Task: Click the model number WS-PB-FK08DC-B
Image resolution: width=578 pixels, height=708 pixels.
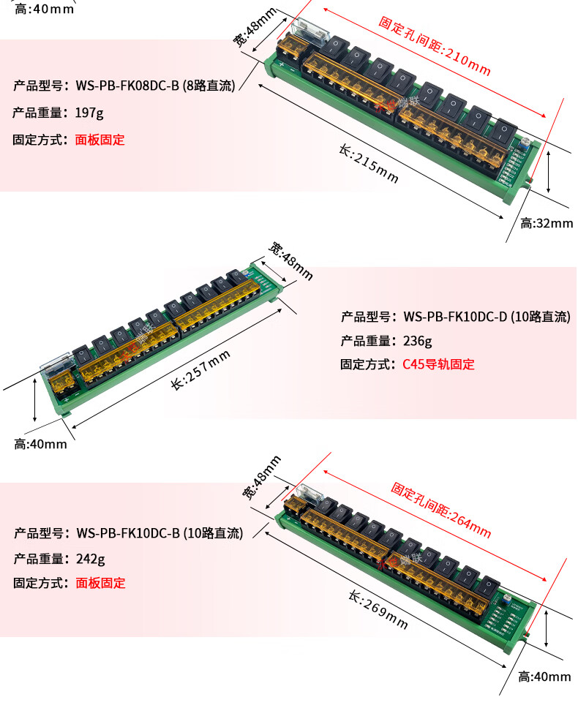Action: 128,86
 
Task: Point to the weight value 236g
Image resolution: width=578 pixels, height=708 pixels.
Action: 417,340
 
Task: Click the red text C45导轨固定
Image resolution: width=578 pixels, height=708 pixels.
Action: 438,364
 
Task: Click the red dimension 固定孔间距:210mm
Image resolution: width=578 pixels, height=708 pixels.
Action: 434,46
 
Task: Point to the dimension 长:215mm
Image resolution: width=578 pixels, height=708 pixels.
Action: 369,162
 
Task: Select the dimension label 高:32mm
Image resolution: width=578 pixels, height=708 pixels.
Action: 546,223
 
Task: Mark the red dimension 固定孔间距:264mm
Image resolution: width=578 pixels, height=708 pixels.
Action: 440,509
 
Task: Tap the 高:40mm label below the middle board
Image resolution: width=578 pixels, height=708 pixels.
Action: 40,443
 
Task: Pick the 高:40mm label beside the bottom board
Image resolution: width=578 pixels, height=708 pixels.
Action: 544,677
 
